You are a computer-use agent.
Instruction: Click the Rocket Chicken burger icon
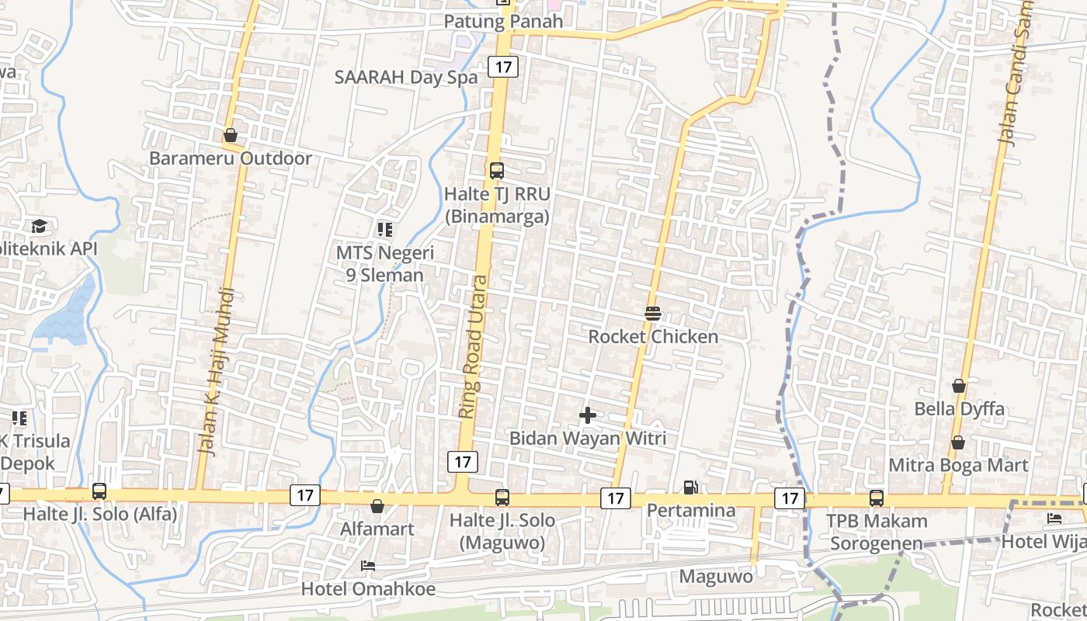pos(652,314)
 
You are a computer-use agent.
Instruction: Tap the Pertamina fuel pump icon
pos(690,487)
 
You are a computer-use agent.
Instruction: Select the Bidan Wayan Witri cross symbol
pos(588,415)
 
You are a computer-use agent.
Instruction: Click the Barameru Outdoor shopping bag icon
pos(230,135)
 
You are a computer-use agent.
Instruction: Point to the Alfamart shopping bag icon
pos(377,506)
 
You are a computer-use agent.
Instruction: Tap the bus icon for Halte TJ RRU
pos(497,170)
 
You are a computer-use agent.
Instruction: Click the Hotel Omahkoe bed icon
pos(368,565)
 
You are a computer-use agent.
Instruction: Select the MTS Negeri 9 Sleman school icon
pos(385,229)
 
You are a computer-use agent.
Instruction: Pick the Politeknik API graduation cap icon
pos(39,226)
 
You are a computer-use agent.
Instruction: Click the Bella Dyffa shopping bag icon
pos(959,386)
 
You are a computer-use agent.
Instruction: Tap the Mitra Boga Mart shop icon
pos(958,442)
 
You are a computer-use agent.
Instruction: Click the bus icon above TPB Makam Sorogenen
pos(877,498)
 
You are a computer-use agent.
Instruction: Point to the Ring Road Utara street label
pos(475,347)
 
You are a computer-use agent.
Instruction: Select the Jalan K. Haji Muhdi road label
pos(217,371)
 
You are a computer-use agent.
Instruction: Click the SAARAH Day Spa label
pos(405,77)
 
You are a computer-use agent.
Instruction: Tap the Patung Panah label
pos(503,22)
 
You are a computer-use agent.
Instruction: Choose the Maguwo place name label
pos(716,577)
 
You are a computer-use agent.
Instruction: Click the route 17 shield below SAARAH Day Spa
pos(503,67)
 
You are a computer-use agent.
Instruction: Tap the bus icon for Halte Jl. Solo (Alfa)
pos(99,491)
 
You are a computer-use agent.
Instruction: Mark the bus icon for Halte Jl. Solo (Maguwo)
pos(502,497)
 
